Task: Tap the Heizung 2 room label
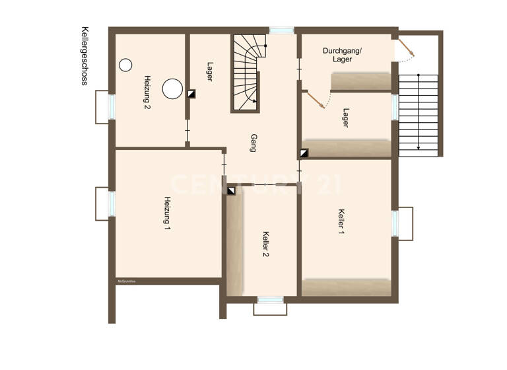click(x=147, y=92)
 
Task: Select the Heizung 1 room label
click(x=168, y=213)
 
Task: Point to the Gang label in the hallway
click(x=253, y=143)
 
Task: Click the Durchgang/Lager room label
click(x=343, y=55)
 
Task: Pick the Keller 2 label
click(x=265, y=244)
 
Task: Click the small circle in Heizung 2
click(x=125, y=65)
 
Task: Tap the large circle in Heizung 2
click(x=173, y=88)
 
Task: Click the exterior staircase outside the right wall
click(x=419, y=114)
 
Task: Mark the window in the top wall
click(x=281, y=30)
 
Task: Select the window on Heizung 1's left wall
click(x=112, y=203)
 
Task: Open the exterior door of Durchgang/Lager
click(x=404, y=48)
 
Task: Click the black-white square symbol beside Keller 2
click(x=231, y=191)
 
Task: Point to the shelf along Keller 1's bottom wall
click(x=347, y=287)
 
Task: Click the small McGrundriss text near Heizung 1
click(x=126, y=281)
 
